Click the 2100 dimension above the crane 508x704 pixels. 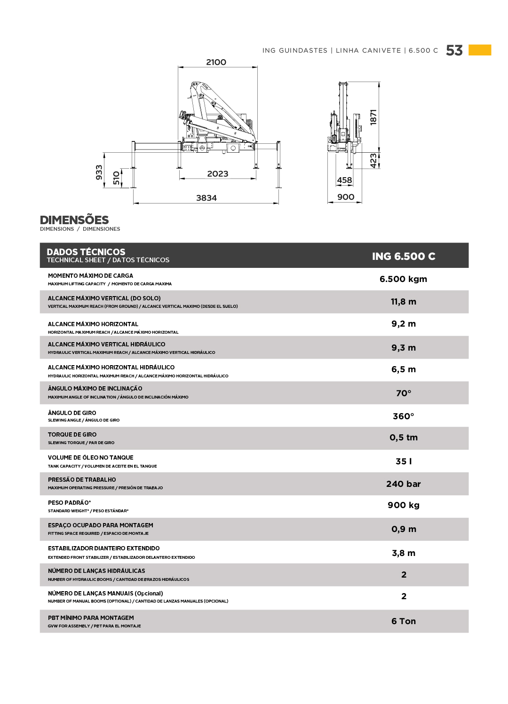tap(216, 62)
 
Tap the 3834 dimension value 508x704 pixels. tap(206, 198)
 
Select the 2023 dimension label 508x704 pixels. tap(217, 174)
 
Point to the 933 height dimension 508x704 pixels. tap(99, 172)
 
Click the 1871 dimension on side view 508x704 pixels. tap(373, 117)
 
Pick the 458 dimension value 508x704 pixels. tap(344, 180)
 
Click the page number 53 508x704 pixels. tap(454, 50)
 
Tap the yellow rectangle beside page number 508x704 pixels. tap(480, 50)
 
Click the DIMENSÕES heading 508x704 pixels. tap(74, 220)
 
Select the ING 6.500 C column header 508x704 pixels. tap(404, 256)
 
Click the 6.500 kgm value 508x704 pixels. tap(403, 279)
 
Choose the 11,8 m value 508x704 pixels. tap(403, 302)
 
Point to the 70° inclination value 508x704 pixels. tap(403, 393)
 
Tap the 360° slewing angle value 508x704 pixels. tap(403, 416)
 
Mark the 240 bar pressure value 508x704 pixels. tap(403, 484)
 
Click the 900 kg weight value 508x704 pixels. tap(403, 505)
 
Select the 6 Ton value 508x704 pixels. tap(403, 621)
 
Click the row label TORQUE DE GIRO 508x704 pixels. tap(72, 435)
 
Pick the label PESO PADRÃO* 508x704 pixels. tap(69, 503)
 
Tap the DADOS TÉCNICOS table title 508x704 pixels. tap(86, 252)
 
